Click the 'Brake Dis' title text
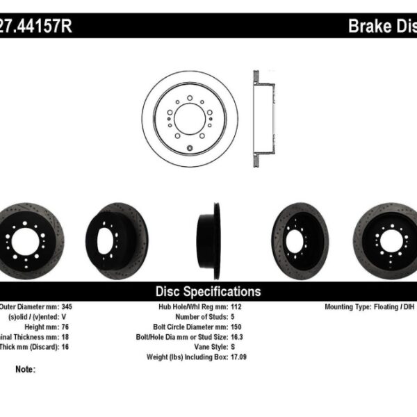(x=382, y=26)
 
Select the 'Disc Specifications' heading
(x=208, y=292)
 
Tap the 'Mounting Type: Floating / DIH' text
(x=370, y=306)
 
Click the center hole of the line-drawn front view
(x=189, y=115)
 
